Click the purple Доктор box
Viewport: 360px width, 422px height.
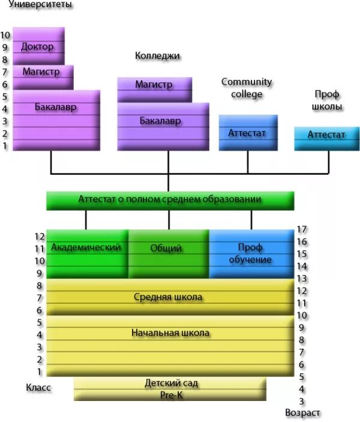pos(37,46)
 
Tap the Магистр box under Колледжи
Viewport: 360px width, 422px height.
pos(154,85)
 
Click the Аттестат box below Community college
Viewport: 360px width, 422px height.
pos(247,133)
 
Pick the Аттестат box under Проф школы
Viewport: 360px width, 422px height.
pos(326,135)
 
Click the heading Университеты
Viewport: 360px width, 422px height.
pos(41,5)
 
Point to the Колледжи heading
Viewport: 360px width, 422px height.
pos(158,56)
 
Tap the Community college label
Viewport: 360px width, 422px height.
pos(247,88)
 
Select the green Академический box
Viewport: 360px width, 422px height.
pos(86,247)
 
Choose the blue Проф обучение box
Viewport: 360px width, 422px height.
pos(250,253)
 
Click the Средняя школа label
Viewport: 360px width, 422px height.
pos(167,297)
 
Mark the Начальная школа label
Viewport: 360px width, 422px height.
pos(170,332)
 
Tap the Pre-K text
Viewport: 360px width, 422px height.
pos(171,395)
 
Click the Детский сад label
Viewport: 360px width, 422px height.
pos(171,383)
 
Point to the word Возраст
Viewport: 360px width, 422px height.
pos(302,413)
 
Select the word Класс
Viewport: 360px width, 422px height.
pos(38,388)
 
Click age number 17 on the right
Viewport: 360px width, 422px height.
pos(302,229)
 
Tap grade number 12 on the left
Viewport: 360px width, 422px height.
pos(40,237)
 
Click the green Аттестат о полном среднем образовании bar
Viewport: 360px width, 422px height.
pos(170,199)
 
